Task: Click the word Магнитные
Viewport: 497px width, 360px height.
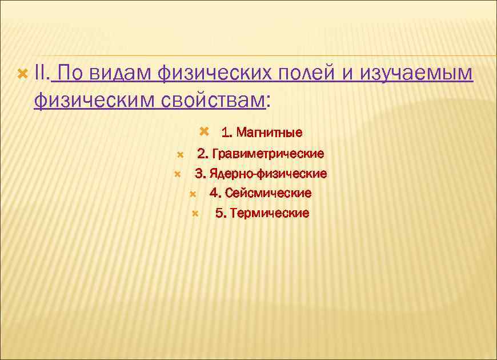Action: coord(269,133)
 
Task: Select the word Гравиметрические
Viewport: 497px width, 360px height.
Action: coord(268,154)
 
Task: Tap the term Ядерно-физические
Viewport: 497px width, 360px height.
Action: coord(268,173)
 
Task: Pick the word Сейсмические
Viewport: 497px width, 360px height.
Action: coord(268,193)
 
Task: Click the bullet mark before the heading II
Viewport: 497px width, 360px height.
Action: coord(22,74)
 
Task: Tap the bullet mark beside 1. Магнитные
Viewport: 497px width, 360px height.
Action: coord(206,132)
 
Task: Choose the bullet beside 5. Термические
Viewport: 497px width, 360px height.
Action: coord(195,213)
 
